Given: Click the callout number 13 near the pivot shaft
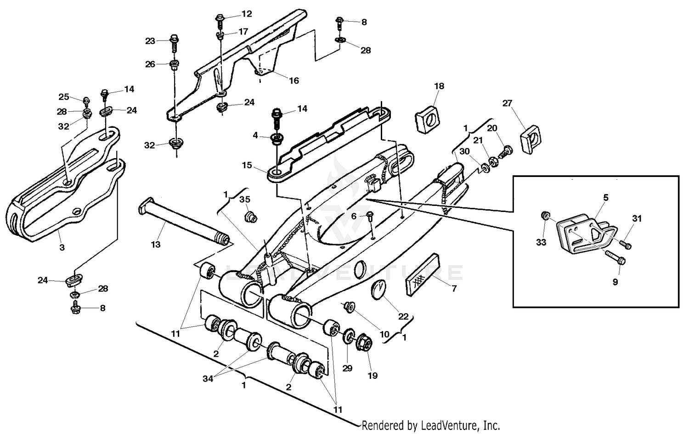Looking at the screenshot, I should pos(156,245).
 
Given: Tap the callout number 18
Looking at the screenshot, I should pos(439,86).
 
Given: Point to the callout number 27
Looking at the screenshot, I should pos(507,103).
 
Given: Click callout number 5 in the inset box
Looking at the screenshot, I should pos(606,198).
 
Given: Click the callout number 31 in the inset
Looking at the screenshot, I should pos(636,219).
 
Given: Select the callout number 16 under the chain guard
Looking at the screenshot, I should pos(294,81).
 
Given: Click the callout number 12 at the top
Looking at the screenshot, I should pos(247,14).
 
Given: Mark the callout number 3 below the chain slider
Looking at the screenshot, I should pos(62,247).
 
